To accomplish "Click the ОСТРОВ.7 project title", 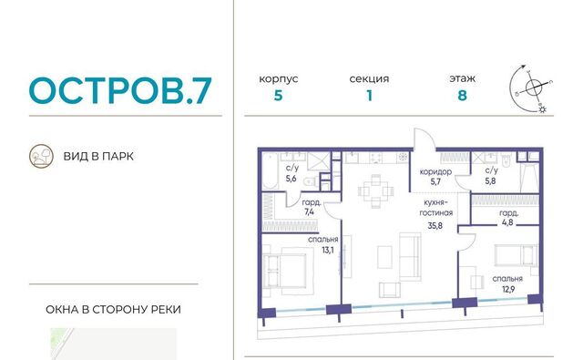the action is coord(120,90).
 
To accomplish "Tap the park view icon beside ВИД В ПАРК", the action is coord(41,156).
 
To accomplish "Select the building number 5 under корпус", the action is coord(278,96).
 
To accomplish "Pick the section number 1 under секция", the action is coord(369,96).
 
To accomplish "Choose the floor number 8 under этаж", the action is coord(462,96).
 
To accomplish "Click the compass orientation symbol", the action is coord(532,89).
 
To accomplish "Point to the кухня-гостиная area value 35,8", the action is coord(435,225).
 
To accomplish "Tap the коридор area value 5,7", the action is coord(435,181).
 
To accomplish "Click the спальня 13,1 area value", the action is coord(328,251).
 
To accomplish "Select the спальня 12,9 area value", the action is coord(508,289).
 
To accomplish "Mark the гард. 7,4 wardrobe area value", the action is coord(309,211).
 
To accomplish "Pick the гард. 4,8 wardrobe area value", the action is coord(507,222).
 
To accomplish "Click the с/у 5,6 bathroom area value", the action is coord(291,179).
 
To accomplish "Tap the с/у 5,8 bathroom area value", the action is coord(490,181).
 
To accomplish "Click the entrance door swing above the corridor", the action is coord(424,139).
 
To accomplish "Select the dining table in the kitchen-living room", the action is coord(375,191).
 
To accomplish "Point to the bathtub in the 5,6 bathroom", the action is coord(270,171).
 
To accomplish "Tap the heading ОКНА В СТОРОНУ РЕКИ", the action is coord(113,310).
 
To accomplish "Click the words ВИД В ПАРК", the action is coord(98,156).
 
